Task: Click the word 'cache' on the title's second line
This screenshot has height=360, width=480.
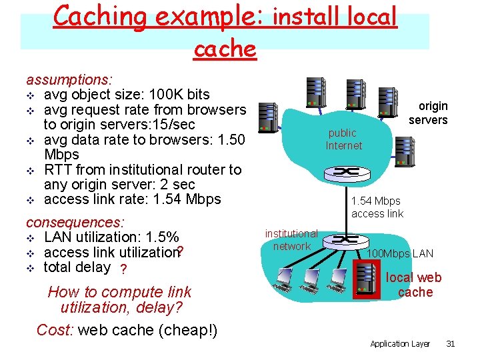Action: [x=225, y=48]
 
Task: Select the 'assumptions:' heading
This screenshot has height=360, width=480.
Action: [x=69, y=79]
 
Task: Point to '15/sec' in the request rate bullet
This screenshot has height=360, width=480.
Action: [x=174, y=124]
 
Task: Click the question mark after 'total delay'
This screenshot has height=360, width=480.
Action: [x=122, y=269]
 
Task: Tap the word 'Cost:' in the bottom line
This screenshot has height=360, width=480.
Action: [x=55, y=330]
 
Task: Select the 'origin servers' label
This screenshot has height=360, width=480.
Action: [x=428, y=113]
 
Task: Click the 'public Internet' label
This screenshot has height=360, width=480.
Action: [x=343, y=139]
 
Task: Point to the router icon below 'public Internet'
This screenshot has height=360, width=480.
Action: [x=346, y=173]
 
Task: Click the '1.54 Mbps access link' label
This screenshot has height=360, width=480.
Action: [x=377, y=207]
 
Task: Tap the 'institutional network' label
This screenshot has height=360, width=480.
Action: [x=291, y=240]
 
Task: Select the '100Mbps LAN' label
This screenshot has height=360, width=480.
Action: [x=400, y=253]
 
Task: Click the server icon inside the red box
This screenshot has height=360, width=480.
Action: [x=366, y=279]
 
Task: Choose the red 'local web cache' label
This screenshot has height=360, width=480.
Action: [x=414, y=285]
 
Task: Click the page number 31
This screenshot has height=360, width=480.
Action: [x=450, y=343]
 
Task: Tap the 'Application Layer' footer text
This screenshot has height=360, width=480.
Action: [x=399, y=343]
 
